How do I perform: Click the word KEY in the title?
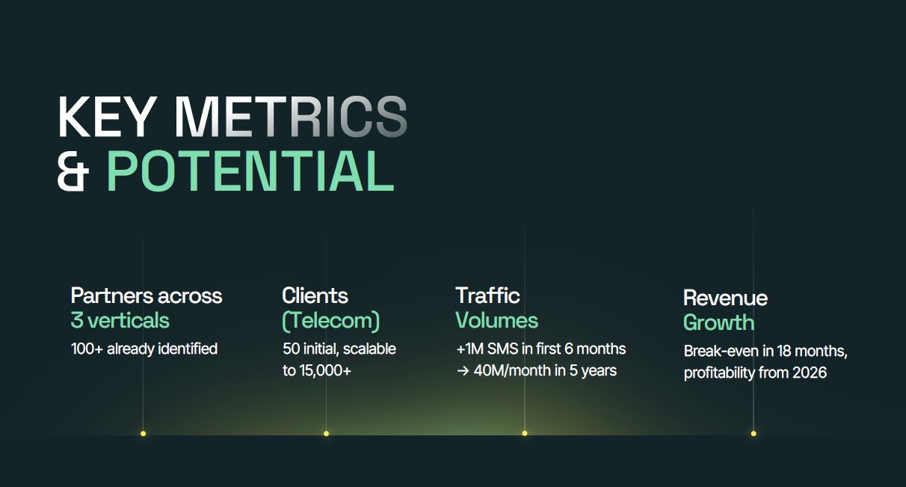(x=106, y=117)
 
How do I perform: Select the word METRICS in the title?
(x=291, y=117)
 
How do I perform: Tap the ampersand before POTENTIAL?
(x=73, y=171)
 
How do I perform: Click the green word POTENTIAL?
(x=250, y=171)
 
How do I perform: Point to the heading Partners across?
(x=147, y=295)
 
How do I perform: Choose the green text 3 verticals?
(x=120, y=321)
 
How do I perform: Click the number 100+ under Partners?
(x=87, y=349)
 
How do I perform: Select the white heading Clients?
(x=315, y=295)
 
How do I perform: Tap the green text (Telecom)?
(x=330, y=321)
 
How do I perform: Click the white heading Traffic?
(x=487, y=295)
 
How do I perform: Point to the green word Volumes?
(x=496, y=321)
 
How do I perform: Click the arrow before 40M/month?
(x=463, y=371)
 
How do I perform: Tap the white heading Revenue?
(x=725, y=298)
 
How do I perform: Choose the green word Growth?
(x=718, y=323)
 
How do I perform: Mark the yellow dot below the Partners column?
(x=143, y=433)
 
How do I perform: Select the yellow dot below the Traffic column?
(x=525, y=433)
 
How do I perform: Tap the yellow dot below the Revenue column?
(x=754, y=433)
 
